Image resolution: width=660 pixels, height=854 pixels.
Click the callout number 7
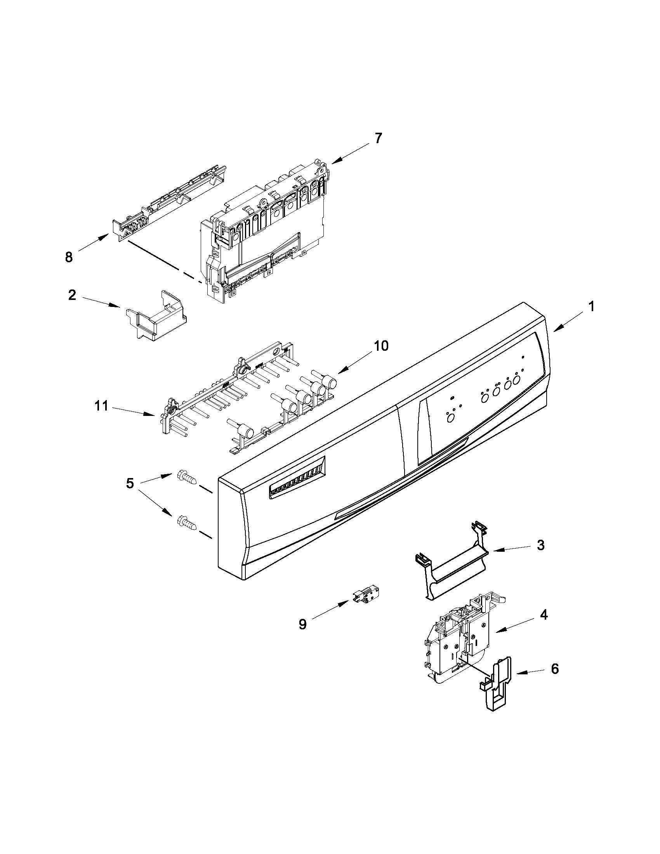tap(377, 138)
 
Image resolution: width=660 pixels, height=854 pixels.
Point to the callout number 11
tap(101, 406)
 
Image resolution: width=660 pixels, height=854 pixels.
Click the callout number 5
tap(130, 484)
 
